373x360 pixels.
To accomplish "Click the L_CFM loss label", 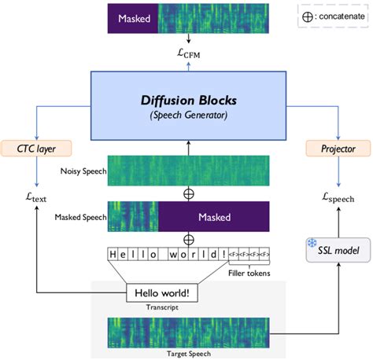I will (x=190, y=53).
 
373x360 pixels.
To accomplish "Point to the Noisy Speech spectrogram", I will (x=190, y=171).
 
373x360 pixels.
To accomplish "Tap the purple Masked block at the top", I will (x=132, y=17).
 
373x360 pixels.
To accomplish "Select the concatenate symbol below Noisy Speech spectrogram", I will (x=190, y=193).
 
